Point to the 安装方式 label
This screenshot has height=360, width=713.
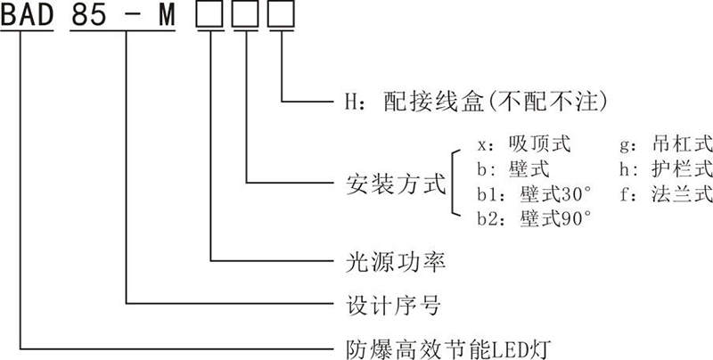coord(394,186)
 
